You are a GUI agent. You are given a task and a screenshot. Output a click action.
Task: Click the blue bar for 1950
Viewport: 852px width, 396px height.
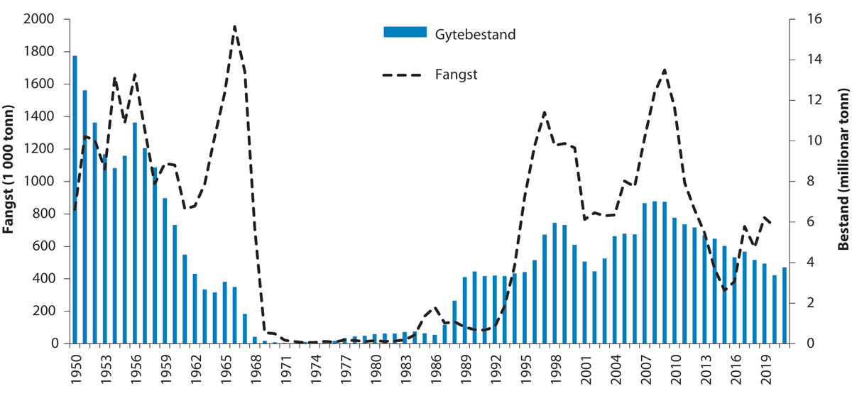click(75, 199)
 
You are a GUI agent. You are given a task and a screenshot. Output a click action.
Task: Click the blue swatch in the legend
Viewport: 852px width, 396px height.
click(405, 33)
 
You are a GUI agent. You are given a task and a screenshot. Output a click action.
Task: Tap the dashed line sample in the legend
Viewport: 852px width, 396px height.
click(405, 74)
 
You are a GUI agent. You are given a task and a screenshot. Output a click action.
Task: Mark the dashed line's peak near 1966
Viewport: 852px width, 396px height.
click(234, 26)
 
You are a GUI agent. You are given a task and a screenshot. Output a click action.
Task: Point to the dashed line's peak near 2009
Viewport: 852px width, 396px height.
click(665, 70)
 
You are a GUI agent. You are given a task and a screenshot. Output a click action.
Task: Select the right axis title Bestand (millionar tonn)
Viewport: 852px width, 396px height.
click(843, 182)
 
